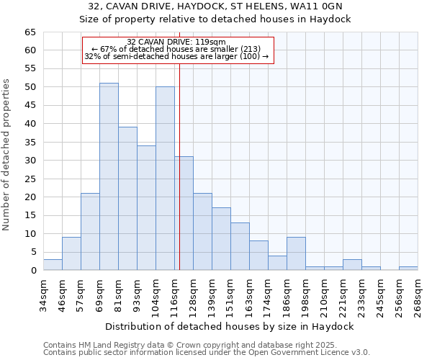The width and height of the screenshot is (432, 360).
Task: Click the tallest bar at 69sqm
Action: (109, 176)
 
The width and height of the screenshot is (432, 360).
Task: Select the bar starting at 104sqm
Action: (165, 179)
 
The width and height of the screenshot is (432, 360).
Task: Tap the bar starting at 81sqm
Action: (127, 199)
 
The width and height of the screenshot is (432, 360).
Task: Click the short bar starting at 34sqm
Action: (53, 265)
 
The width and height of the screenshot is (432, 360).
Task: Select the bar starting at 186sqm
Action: (296, 254)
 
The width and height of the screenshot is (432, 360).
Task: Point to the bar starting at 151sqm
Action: (240, 246)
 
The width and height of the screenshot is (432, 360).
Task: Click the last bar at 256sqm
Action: (408, 269)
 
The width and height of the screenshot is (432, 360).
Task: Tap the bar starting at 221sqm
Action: (352, 265)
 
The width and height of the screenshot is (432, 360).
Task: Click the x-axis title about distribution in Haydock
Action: (230, 326)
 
